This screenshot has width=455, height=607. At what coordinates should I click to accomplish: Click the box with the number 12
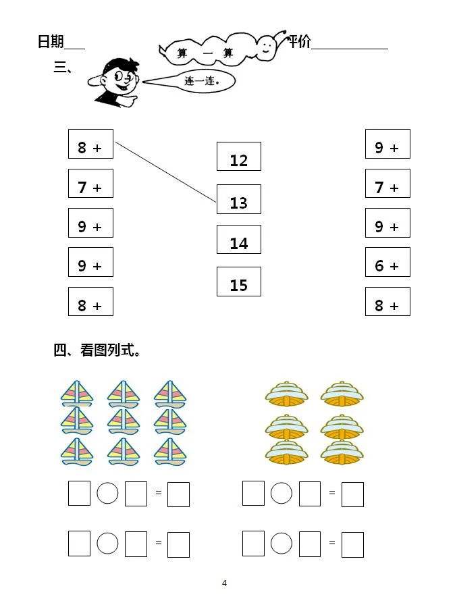(x=239, y=157)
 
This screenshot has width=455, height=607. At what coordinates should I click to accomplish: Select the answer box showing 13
(x=239, y=199)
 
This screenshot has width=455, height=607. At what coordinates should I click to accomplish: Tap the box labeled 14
(x=239, y=239)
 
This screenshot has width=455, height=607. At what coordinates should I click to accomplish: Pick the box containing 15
(x=239, y=282)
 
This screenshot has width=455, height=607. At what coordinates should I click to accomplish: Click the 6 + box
(x=387, y=262)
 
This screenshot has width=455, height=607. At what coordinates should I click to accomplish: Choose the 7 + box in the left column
(x=91, y=184)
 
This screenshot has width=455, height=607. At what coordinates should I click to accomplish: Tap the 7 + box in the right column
(x=387, y=184)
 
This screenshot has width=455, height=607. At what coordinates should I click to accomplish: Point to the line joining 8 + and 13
(x=165, y=172)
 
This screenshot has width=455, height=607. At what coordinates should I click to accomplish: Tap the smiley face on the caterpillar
(x=266, y=47)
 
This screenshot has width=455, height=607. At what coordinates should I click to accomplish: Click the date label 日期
(x=51, y=41)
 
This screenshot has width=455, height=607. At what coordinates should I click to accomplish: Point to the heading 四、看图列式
(x=97, y=350)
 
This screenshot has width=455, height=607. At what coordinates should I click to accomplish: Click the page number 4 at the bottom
(x=224, y=583)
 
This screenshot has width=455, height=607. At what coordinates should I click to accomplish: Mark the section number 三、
(x=63, y=68)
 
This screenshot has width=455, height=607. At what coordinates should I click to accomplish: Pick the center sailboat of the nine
(x=124, y=421)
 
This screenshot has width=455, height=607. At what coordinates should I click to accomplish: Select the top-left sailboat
(x=77, y=394)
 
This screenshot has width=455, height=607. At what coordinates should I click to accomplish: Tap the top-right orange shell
(x=342, y=394)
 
